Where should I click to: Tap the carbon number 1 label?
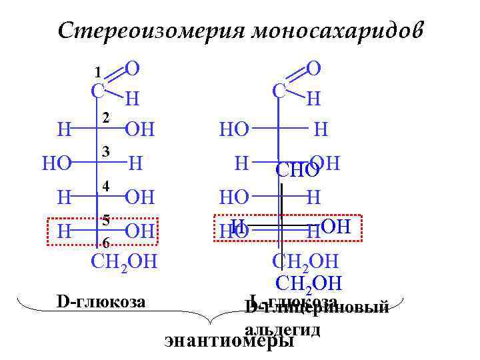(x=97, y=71)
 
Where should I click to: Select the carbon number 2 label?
(x=105, y=118)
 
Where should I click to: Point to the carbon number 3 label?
(x=105, y=153)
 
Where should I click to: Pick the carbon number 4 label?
(x=105, y=187)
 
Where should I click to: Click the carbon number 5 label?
(x=105, y=219)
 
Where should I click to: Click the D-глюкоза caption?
(x=101, y=301)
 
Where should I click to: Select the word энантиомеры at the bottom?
(x=229, y=341)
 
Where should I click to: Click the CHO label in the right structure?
(x=297, y=171)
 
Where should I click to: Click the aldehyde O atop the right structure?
(x=313, y=67)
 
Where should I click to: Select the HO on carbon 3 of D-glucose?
(x=56, y=163)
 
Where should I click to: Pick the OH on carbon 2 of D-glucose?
(x=139, y=129)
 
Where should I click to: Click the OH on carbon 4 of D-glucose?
(x=139, y=197)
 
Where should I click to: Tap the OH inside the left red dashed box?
(x=139, y=231)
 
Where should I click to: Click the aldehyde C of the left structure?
(x=97, y=91)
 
